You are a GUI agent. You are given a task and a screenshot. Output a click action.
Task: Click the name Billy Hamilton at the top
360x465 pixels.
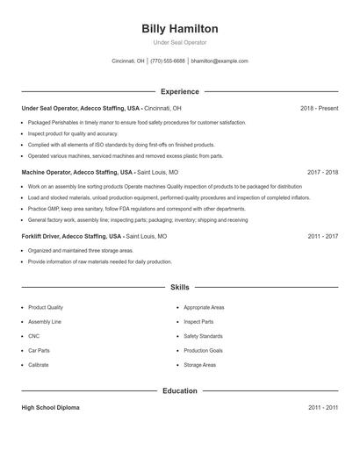[x=180, y=29]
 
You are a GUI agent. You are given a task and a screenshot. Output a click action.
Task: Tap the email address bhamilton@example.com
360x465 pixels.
[x=220, y=61]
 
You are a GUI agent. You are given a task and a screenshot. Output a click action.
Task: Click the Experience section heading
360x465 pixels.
[x=180, y=91]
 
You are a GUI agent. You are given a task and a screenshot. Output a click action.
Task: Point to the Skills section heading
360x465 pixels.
[x=180, y=287]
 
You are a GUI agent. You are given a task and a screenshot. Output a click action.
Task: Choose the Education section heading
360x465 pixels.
[x=180, y=390]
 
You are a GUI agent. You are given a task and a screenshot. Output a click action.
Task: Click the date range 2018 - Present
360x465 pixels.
[x=319, y=108]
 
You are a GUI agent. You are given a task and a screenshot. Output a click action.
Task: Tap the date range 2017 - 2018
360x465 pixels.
[x=323, y=173]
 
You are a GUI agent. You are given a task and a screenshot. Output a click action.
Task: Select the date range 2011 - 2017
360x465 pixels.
[x=323, y=237]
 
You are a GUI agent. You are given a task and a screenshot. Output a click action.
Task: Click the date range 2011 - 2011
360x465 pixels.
[x=323, y=408]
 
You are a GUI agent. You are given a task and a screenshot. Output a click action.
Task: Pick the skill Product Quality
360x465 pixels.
[x=46, y=308]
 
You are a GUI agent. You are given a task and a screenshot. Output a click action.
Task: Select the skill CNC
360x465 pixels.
[x=33, y=336]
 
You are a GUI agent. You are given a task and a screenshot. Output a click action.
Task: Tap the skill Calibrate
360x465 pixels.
[x=39, y=364]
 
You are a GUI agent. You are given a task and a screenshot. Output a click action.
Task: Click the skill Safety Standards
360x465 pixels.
[x=203, y=336]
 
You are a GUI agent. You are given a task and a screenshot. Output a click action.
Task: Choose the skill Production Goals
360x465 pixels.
[x=203, y=350]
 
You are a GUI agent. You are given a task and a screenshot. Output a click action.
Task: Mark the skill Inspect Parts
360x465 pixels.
[x=198, y=322]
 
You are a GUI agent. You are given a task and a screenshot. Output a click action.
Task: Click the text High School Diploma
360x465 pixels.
[x=52, y=408]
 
